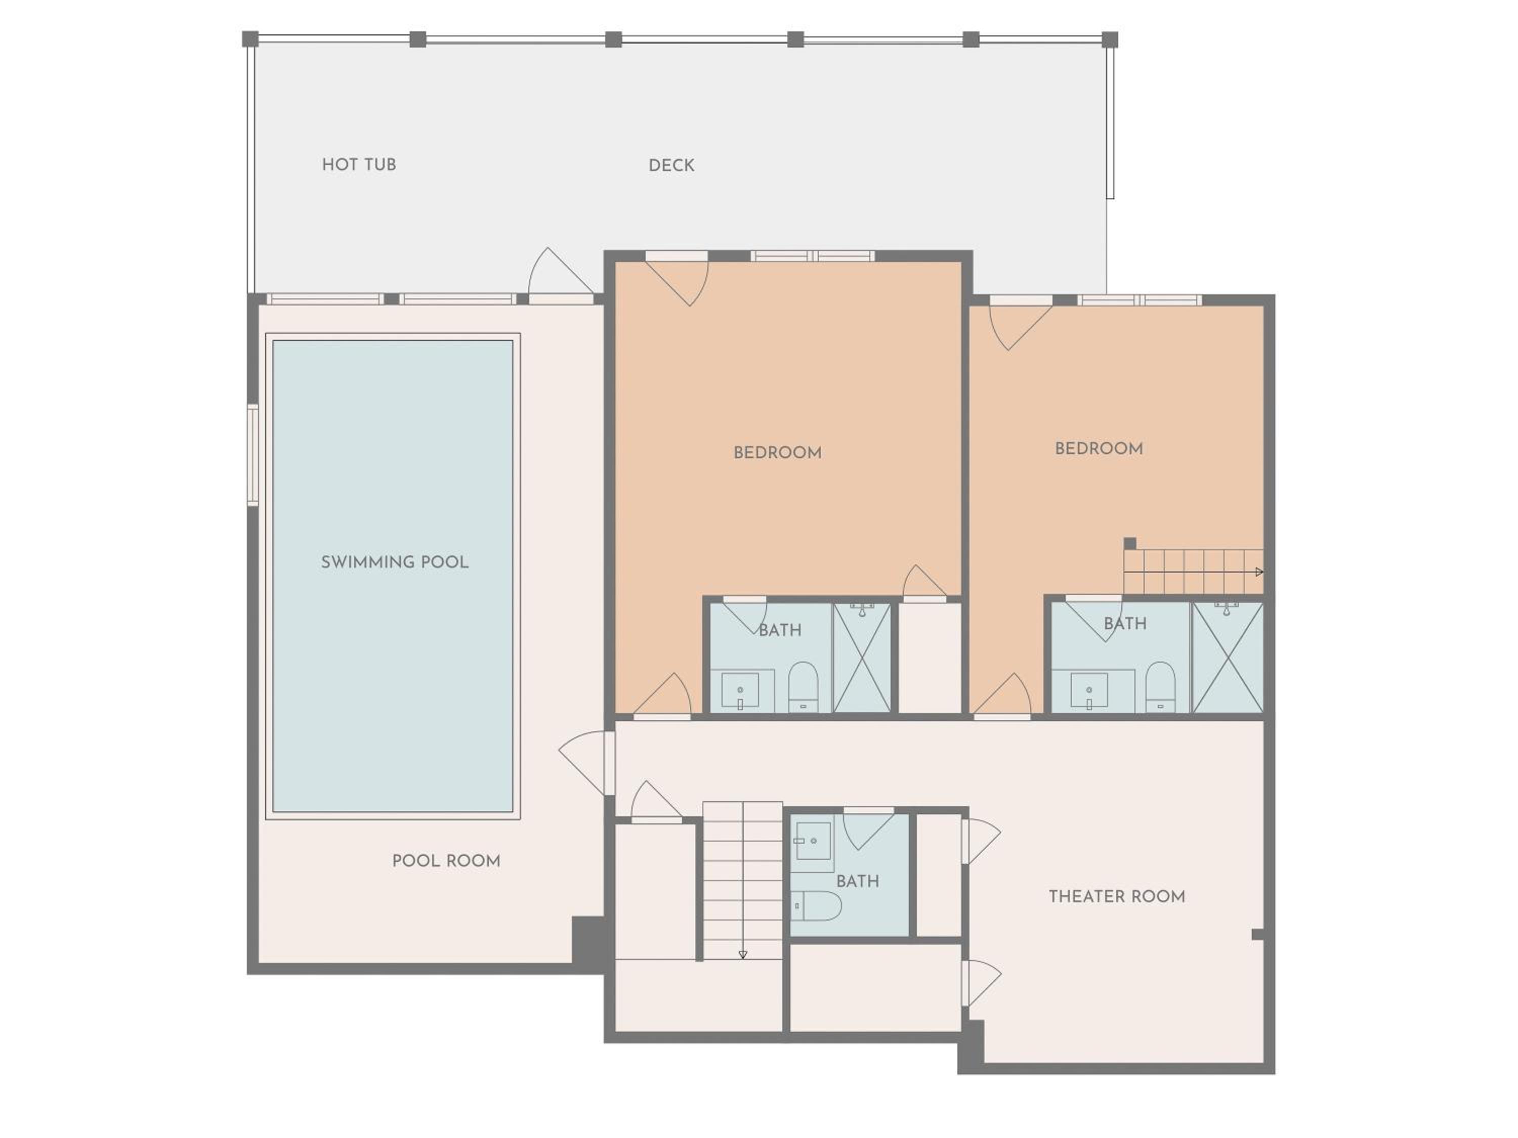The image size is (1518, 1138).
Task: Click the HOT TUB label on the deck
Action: tap(359, 164)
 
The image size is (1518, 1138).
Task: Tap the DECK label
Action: tap(671, 165)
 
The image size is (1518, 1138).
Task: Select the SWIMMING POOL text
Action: tap(395, 562)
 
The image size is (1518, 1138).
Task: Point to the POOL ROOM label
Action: tap(446, 861)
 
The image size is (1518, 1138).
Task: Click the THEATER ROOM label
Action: tap(1117, 897)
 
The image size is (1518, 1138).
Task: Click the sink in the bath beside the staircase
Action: tap(813, 839)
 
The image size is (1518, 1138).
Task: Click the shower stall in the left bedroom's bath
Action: tap(861, 658)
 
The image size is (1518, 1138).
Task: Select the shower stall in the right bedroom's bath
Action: tap(1228, 658)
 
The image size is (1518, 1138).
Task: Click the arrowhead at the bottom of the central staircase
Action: tap(742, 954)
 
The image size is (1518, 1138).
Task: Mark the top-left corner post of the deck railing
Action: tap(250, 39)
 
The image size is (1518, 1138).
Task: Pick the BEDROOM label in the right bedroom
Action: tap(1099, 449)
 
